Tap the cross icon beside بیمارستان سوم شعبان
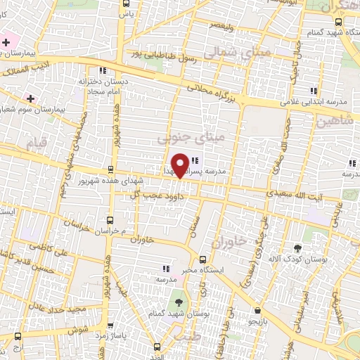click(29, 98)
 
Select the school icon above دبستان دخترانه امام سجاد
click(103, 70)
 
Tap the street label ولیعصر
click(219, 26)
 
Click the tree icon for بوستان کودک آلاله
click(297, 248)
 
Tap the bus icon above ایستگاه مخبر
click(203, 259)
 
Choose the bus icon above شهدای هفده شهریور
click(110, 169)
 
